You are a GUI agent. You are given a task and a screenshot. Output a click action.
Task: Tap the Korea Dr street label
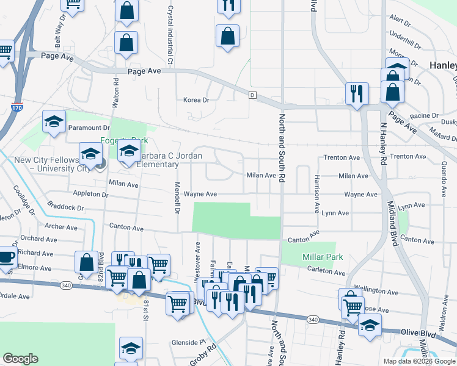[x=197, y=100]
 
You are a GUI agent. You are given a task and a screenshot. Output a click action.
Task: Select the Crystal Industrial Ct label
[x=170, y=36]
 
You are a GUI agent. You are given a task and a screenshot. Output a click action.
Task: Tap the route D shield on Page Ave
[x=252, y=95]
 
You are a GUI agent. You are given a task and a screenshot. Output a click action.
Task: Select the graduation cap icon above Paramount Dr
[x=54, y=122]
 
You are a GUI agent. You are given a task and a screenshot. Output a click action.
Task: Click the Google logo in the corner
[x=20, y=359]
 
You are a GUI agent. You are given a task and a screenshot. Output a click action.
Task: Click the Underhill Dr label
[x=405, y=45]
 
